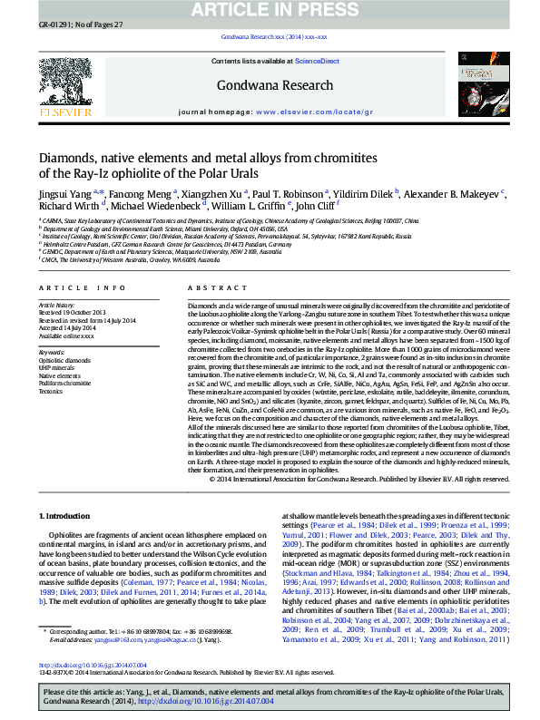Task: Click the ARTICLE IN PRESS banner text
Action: pos(270,10)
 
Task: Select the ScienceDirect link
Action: pos(318,61)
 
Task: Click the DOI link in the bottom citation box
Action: pos(170,702)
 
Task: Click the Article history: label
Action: pos(57,306)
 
